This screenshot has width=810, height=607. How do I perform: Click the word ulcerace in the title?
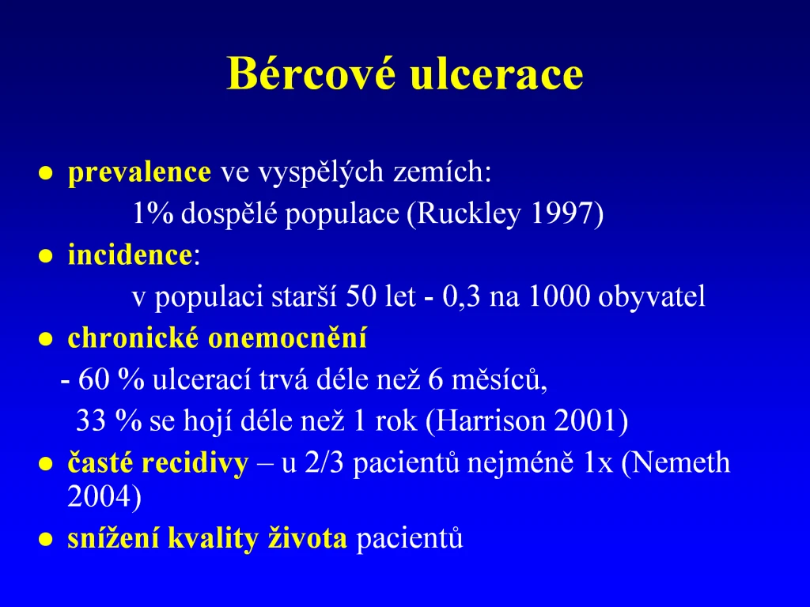497,73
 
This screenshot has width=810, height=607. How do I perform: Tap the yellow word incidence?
131,255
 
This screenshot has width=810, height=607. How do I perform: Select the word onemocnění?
287,338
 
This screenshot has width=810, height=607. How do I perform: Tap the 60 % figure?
112,379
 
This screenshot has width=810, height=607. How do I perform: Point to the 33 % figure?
109,420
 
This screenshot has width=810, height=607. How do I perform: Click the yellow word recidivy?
195,463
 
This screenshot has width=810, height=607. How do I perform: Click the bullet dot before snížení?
46,540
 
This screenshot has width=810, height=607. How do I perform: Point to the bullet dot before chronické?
46,339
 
